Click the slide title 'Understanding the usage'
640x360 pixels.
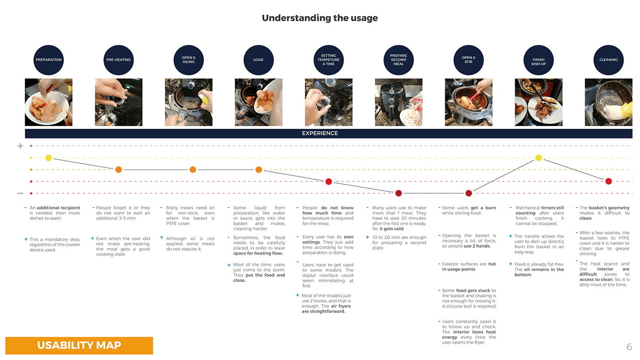click(320, 18)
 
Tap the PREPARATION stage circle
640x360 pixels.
click(48, 60)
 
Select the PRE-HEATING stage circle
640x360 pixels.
click(118, 60)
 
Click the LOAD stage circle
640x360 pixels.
click(258, 60)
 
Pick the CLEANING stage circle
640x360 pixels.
click(608, 60)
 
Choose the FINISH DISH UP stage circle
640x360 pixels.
click(539, 60)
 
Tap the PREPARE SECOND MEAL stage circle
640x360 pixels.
click(398, 60)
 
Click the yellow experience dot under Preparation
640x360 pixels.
click(49, 158)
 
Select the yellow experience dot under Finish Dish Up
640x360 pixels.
click(539, 158)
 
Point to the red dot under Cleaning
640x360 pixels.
click(608, 181)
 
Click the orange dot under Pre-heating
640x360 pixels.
click(119, 170)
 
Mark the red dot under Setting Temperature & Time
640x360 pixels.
click(328, 182)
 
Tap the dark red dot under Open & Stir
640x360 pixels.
click(469, 194)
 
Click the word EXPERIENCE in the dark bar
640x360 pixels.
click(320, 133)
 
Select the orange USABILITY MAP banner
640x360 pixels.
click(79, 345)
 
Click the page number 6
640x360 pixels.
click(629, 347)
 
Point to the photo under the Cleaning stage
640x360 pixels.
click(608, 102)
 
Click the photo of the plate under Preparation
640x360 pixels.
click(48, 102)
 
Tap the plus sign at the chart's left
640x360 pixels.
click(20, 146)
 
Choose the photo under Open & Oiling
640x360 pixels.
click(188, 102)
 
